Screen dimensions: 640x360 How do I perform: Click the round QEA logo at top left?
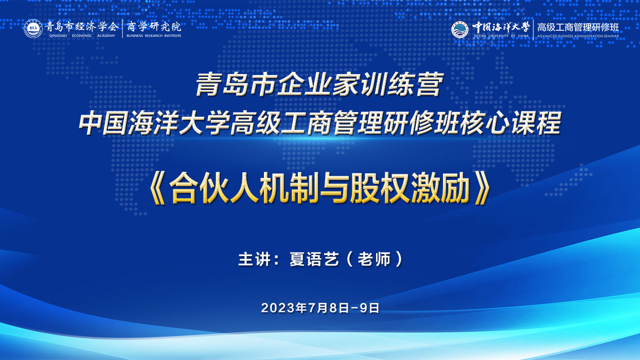33,29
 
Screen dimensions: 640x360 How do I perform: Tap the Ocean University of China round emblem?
460,29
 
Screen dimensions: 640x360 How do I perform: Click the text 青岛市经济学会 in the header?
81,27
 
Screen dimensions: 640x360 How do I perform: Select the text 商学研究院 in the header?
154,27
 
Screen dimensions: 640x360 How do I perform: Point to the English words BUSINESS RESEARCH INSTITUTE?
154,35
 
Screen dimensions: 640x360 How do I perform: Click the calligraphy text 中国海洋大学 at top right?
501,27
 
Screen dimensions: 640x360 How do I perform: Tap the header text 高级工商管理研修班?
578,27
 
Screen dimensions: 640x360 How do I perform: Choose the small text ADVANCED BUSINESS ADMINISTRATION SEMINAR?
578,37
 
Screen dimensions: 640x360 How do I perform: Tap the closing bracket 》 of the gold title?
483,189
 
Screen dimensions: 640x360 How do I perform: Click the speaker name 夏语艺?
314,259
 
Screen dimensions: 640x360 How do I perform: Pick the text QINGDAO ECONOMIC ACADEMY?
82,35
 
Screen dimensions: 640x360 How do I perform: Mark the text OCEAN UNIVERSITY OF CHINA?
502,36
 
